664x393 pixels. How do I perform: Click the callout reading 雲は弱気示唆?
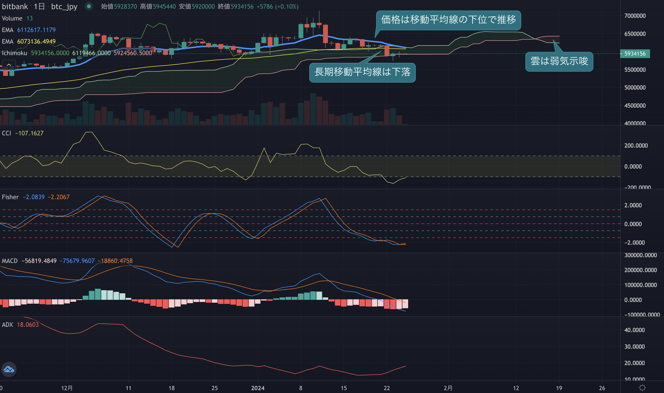(559, 61)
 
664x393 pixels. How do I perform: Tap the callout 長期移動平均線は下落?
(362, 72)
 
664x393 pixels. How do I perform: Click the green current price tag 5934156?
(635, 53)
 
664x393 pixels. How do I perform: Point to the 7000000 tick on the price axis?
(635, 16)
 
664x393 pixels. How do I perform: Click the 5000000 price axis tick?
(635, 88)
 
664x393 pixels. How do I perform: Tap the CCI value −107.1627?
(29, 133)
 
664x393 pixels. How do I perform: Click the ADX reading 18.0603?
(28, 325)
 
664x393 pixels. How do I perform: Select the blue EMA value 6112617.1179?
(36, 30)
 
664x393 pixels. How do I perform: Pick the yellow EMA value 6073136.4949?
(36, 42)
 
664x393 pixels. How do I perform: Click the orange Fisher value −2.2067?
(59, 197)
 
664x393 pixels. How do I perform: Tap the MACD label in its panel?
(10, 261)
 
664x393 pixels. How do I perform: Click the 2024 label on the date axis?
(258, 388)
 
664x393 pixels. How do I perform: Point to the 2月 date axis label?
(448, 388)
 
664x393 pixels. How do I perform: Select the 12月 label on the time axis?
(67, 388)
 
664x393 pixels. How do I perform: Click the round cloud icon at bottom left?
(9, 369)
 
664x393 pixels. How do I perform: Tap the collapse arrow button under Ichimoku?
(9, 65)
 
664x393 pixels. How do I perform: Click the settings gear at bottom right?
(642, 388)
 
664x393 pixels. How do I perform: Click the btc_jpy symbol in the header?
(64, 6)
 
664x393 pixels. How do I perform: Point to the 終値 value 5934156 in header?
(242, 6)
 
